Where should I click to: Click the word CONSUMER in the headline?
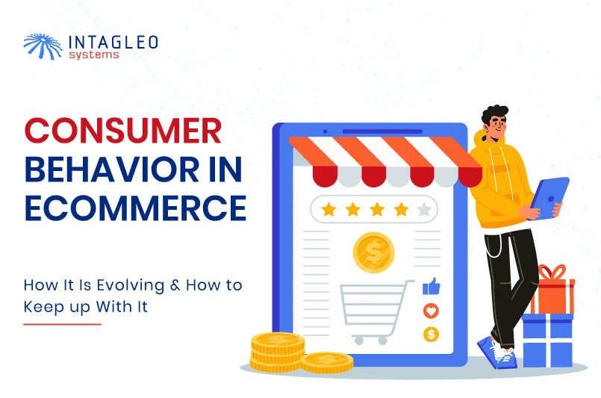pyautogui.click(x=123, y=131)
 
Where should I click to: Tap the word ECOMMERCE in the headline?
pyautogui.click(x=135, y=208)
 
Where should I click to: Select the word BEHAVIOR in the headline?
pyautogui.click(x=112, y=169)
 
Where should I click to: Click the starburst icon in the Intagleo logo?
pyautogui.click(x=43, y=46)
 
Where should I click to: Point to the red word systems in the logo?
pyautogui.click(x=94, y=55)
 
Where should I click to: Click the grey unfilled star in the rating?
pyautogui.click(x=424, y=210)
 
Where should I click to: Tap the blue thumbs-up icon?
pyautogui.click(x=432, y=286)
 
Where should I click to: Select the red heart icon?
pyautogui.click(x=432, y=311)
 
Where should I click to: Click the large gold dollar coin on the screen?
pyautogui.click(x=373, y=252)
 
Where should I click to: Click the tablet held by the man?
pyautogui.click(x=549, y=198)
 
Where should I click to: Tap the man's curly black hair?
pyautogui.click(x=495, y=115)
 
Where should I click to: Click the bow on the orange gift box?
pyautogui.click(x=552, y=272)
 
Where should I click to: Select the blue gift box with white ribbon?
pyautogui.click(x=547, y=340)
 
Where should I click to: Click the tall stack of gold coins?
pyautogui.click(x=278, y=352)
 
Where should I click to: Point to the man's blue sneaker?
pyautogui.click(x=496, y=352)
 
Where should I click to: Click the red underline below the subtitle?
pyautogui.click(x=63, y=324)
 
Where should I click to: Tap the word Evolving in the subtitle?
pyautogui.click(x=130, y=285)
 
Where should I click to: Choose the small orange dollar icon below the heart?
pyautogui.click(x=432, y=335)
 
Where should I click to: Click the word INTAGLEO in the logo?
pyautogui.click(x=113, y=42)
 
